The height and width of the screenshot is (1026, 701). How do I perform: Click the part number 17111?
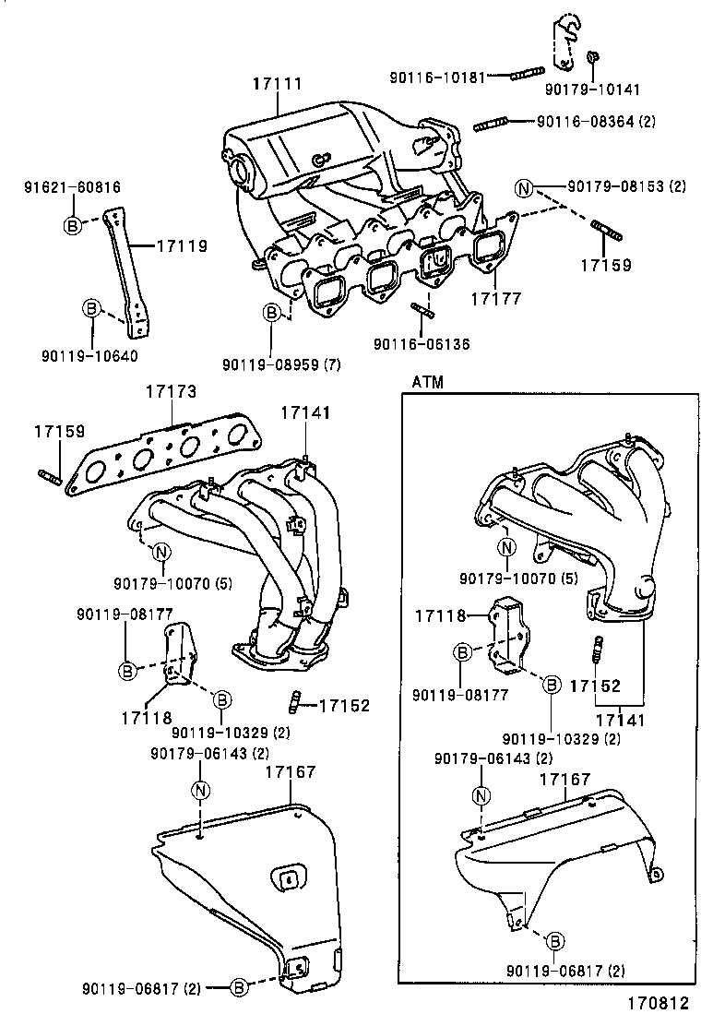click(278, 84)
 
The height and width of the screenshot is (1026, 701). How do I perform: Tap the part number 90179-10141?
click(591, 89)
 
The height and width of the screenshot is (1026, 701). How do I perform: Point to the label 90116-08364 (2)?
click(596, 122)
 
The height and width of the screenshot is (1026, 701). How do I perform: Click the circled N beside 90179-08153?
click(525, 190)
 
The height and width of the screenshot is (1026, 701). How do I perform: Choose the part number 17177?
click(496, 299)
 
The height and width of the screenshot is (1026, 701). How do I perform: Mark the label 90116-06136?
click(422, 343)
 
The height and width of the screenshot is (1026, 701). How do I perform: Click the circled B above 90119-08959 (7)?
click(272, 314)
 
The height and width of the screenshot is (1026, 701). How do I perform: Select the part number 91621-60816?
click(72, 187)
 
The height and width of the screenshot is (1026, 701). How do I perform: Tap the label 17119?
click(181, 246)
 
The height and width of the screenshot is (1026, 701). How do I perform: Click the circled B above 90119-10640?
click(92, 308)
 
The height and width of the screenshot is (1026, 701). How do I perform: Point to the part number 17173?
click(170, 392)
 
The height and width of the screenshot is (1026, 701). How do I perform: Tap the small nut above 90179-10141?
click(591, 58)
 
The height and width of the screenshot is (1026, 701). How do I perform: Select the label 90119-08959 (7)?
click(280, 364)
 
